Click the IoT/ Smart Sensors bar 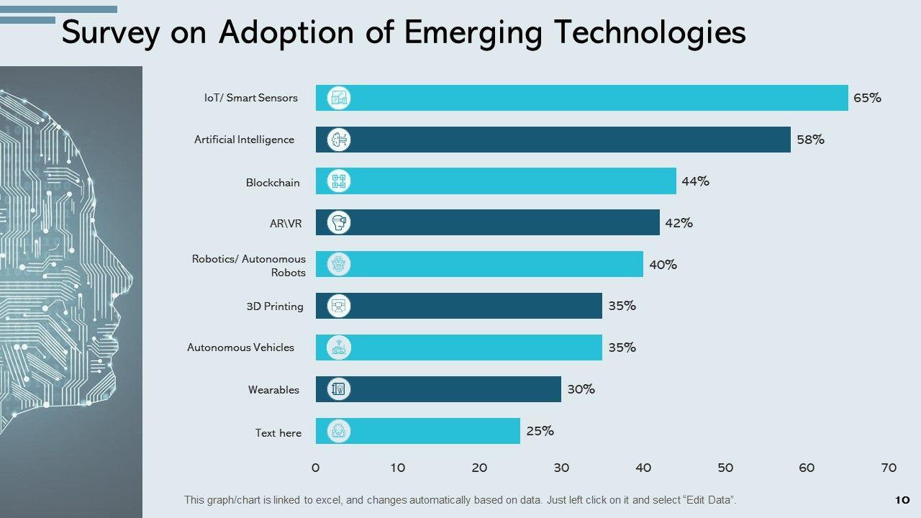click(581, 98)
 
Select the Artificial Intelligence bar click(553, 140)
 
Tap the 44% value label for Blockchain click(696, 181)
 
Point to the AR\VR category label click(286, 224)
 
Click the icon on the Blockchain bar click(339, 181)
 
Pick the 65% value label click(867, 98)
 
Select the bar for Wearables click(438, 389)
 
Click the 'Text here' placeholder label click(278, 433)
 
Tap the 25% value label click(540, 431)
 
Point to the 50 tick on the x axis click(725, 468)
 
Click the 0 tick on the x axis click(316, 468)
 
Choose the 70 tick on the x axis click(889, 468)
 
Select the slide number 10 click(902, 500)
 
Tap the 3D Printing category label click(275, 306)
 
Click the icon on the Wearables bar click(339, 389)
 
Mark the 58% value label click(810, 140)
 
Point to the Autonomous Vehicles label click(240, 347)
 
